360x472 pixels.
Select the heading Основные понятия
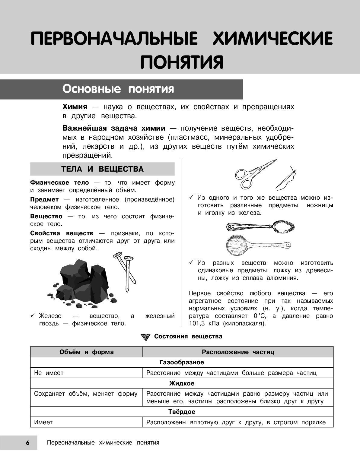point(118,89)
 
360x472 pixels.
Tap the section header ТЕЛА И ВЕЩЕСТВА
point(102,169)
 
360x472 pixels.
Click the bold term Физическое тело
point(59,183)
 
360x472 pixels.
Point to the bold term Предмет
point(44,200)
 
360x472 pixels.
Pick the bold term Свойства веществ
point(62,233)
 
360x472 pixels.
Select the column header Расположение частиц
point(238,352)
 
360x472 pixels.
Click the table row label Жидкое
point(182,384)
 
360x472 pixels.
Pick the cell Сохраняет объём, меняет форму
point(86,394)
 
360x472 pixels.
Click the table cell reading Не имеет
point(49,373)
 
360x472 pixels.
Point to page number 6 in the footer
point(27,443)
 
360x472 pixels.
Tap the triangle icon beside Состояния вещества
point(145,337)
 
